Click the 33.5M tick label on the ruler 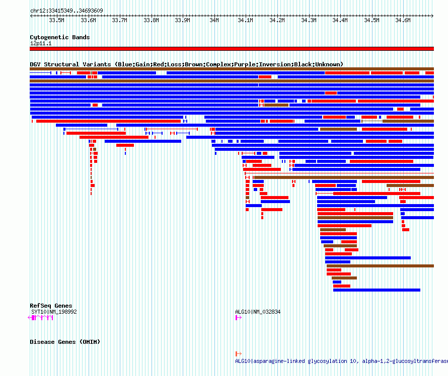(56, 20)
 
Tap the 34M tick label (214, 20)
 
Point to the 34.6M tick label (403, 20)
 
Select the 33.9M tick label (182, 20)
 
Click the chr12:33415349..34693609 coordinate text (66, 11)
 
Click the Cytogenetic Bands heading (60, 37)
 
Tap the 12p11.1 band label (41, 43)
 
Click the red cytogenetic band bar (232, 49)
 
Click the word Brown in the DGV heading (193, 64)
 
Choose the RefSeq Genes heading (51, 306)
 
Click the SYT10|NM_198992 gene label (54, 312)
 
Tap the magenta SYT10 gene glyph (41, 318)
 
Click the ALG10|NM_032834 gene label (258, 312)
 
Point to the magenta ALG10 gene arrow (238, 318)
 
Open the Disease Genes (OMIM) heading (65, 342)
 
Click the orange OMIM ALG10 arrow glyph (238, 354)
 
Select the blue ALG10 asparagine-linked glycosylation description (341, 361)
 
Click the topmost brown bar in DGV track (232, 69)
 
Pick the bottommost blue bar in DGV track (377, 290)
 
